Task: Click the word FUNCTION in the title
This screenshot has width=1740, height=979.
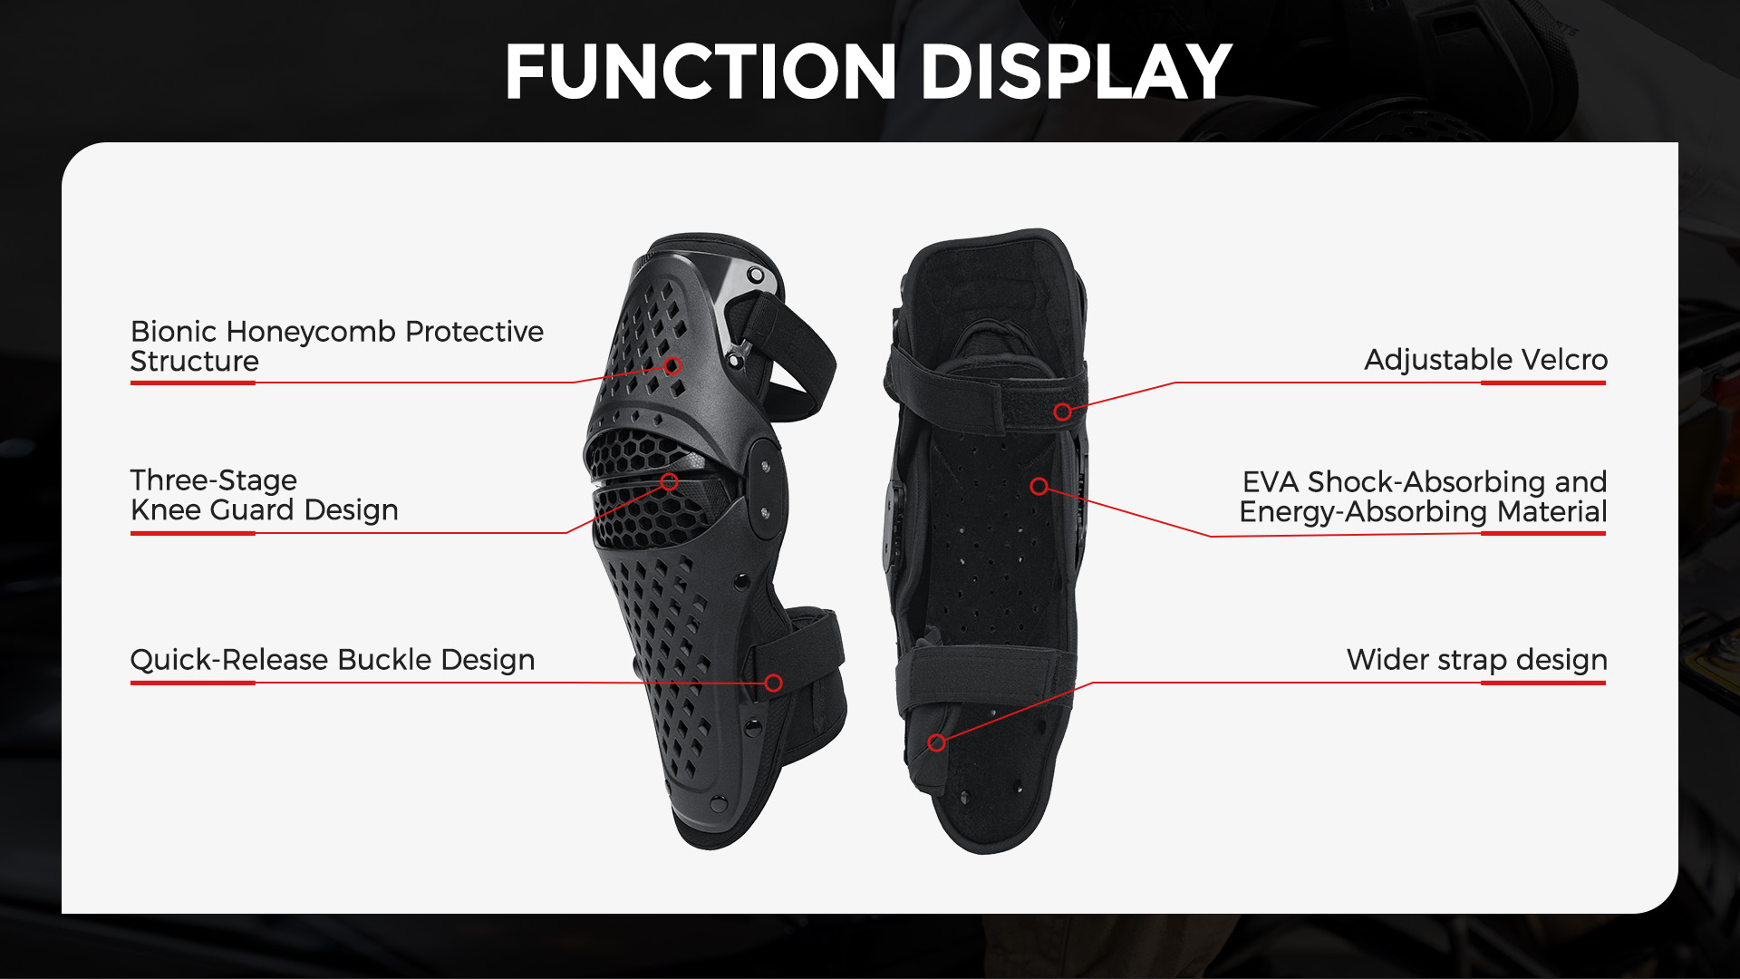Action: [701, 72]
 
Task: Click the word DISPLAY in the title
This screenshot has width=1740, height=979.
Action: [1077, 72]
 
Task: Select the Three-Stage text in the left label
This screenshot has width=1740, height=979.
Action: [214, 480]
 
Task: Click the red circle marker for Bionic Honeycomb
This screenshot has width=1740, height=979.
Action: [672, 366]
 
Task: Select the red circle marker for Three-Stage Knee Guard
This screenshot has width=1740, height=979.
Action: [669, 482]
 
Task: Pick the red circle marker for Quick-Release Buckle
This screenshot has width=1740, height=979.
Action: [773, 683]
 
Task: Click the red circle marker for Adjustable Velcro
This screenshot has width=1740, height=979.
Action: [1062, 412]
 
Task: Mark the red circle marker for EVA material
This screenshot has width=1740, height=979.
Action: [1039, 487]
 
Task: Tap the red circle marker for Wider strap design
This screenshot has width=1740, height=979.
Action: [937, 743]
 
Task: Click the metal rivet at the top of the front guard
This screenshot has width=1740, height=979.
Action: [754, 275]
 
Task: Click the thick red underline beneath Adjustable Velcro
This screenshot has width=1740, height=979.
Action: [1543, 383]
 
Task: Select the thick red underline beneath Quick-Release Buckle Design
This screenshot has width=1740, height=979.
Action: [193, 683]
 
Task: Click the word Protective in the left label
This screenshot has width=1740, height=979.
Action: [474, 332]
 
